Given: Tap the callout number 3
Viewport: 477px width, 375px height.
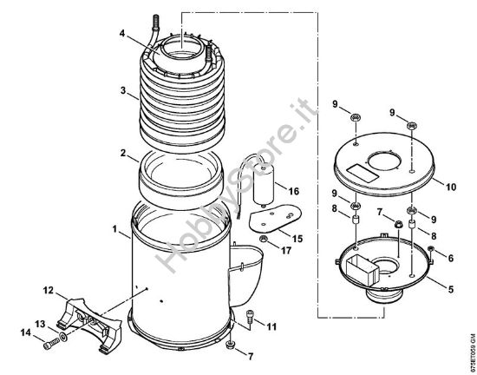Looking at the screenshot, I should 124,90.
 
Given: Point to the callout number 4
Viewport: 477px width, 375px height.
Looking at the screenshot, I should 123,34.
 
